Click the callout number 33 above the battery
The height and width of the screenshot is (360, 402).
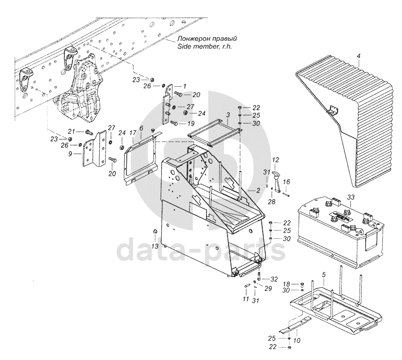pos(351,197)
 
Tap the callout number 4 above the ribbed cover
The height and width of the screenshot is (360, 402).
pos(359,55)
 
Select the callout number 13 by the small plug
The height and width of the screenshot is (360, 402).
pos(155,246)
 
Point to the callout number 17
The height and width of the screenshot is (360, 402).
pos(132,133)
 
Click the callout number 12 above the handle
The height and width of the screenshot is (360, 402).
pos(275,160)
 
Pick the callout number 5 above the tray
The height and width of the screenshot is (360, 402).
pos(324,275)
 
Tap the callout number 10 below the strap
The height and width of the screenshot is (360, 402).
pos(297,341)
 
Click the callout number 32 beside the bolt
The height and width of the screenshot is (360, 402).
pos(274,279)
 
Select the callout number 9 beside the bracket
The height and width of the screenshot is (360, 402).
pos(70,154)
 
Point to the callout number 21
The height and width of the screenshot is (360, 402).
pos(71,132)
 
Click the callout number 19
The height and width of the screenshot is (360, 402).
pos(191,124)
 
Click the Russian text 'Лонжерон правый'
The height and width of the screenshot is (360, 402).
pos(207,39)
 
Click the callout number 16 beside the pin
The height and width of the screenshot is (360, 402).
pos(287,182)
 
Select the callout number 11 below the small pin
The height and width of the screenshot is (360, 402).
pos(246,299)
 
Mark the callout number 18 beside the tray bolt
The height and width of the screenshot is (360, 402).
pos(287,284)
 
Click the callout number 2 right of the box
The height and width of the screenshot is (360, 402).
pos(258,191)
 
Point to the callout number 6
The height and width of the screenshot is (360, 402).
pos(141,128)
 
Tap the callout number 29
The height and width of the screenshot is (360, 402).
pos(268,289)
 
